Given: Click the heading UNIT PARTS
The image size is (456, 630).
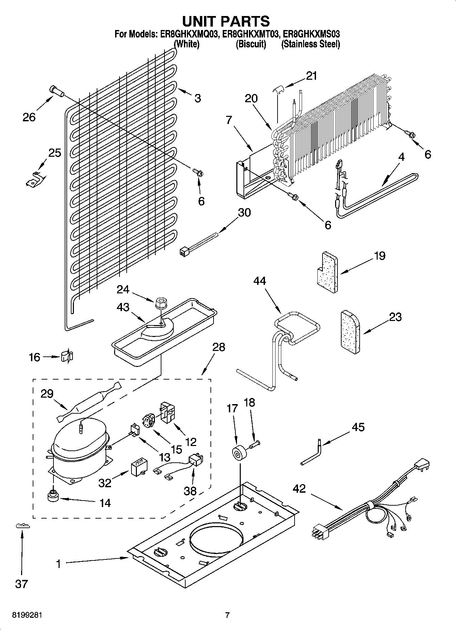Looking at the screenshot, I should coord(226,21).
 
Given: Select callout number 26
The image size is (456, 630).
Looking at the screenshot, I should coord(29,117).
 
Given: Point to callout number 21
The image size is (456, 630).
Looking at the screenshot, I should coord(311,76).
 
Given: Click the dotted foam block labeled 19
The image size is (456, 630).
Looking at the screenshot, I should coord(326,272).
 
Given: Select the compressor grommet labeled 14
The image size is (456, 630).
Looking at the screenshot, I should coord(53,496).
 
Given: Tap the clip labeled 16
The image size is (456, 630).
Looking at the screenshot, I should coord(67,356).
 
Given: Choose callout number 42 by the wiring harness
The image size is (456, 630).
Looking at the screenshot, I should coord(299,489).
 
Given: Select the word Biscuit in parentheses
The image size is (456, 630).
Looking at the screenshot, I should coord(251,44).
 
